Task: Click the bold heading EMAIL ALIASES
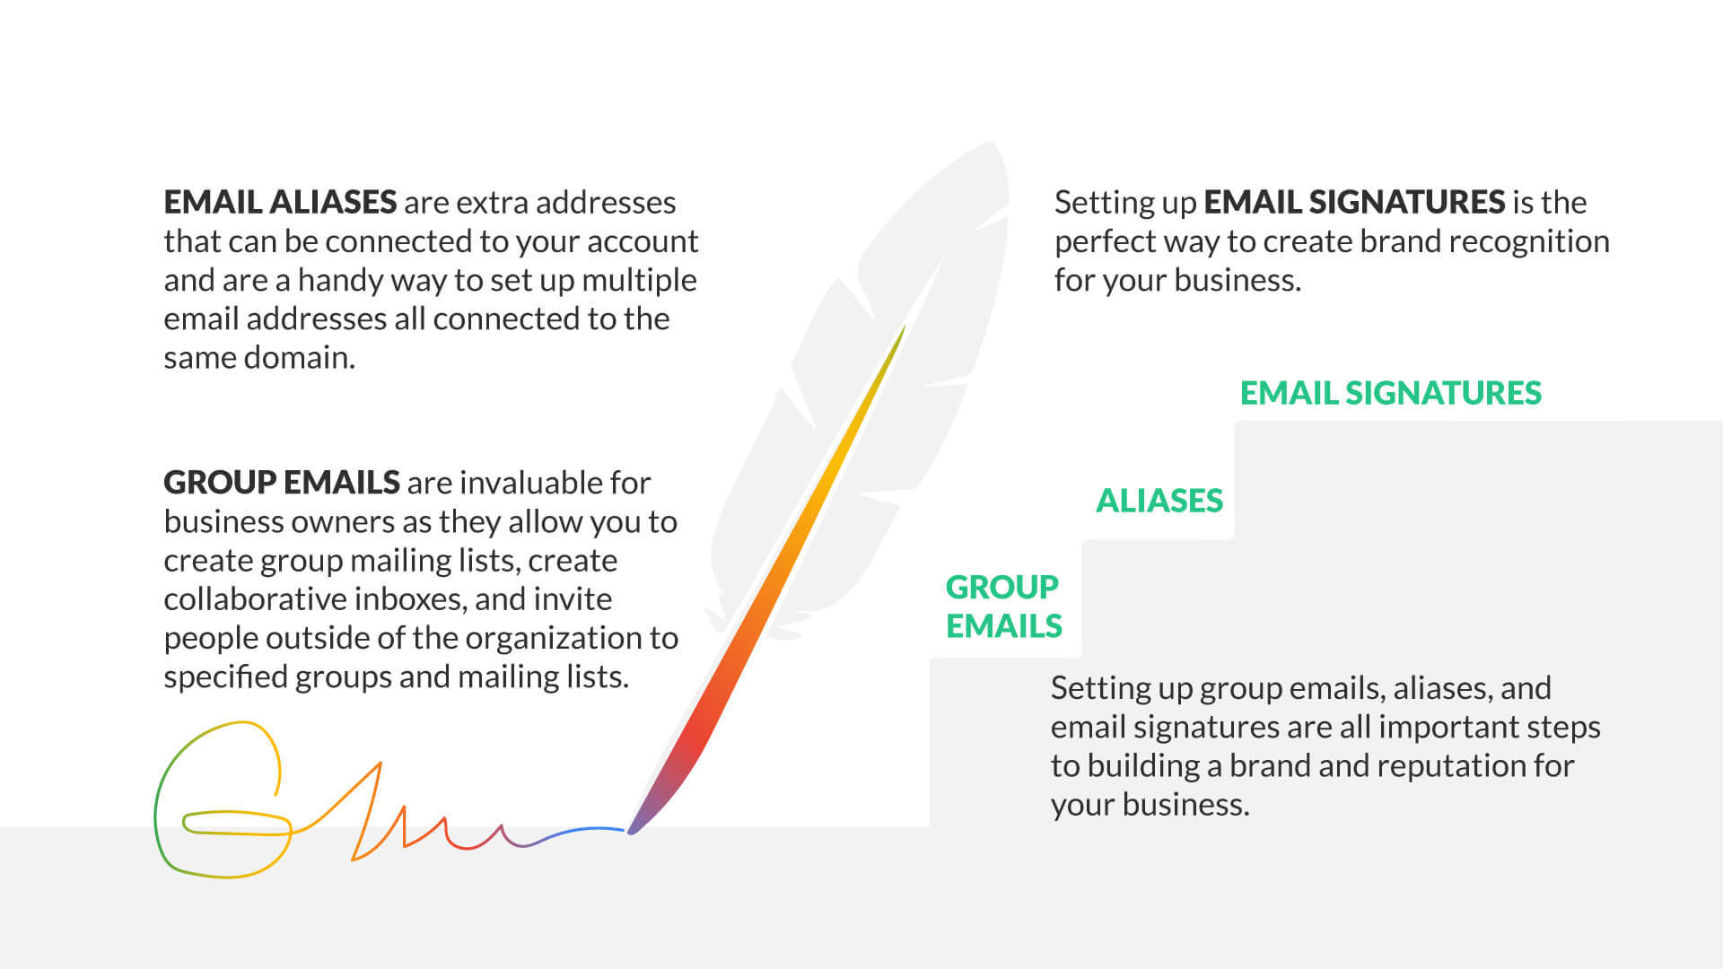pos(280,202)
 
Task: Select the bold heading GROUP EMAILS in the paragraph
pos(282,483)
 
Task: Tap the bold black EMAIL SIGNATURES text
pos(1354,202)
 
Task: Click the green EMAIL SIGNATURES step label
pos(1391,393)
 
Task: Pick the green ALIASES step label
pos(1159,501)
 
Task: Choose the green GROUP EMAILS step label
pos(1004,607)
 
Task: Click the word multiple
pos(639,281)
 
